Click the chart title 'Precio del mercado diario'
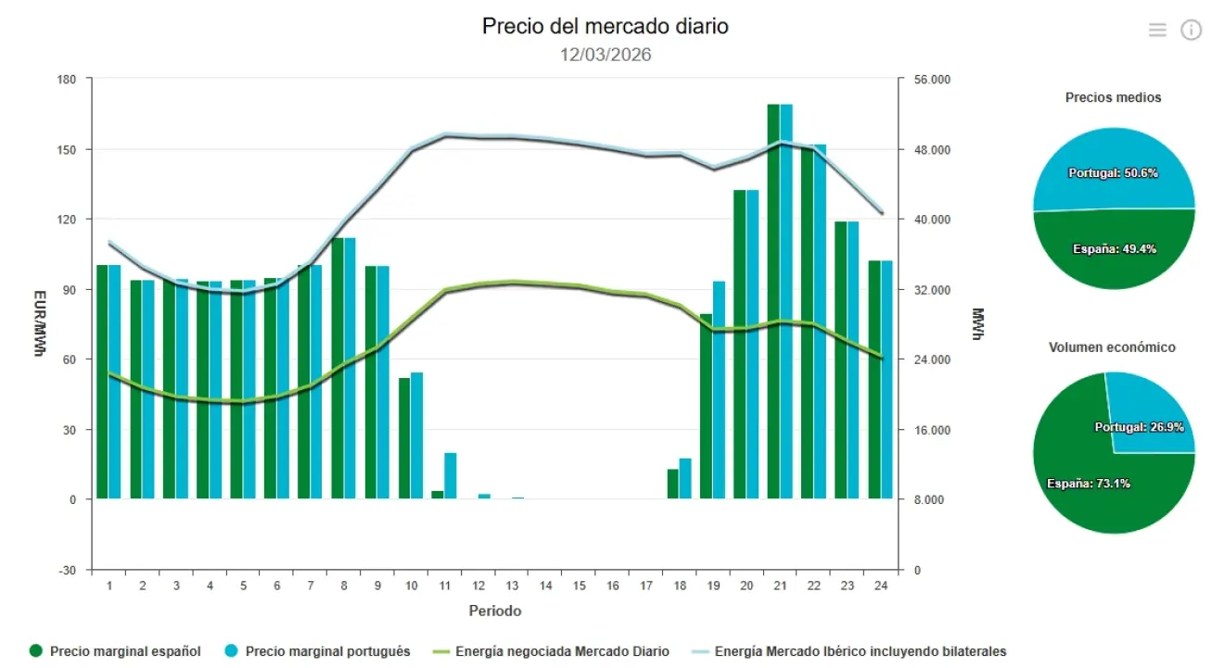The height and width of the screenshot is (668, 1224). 605,26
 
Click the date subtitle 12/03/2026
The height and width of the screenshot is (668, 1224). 605,55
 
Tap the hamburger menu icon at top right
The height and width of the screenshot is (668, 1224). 1156,30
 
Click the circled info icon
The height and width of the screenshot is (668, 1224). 1191,30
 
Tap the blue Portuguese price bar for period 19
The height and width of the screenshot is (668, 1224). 719,389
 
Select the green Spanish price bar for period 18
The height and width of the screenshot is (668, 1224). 672,484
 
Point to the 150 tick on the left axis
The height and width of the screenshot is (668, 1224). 67,149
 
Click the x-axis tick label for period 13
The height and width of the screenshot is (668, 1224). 512,586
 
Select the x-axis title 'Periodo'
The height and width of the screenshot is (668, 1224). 494,611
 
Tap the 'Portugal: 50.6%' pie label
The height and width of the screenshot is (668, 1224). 1113,173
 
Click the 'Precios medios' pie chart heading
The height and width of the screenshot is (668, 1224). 1113,97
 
